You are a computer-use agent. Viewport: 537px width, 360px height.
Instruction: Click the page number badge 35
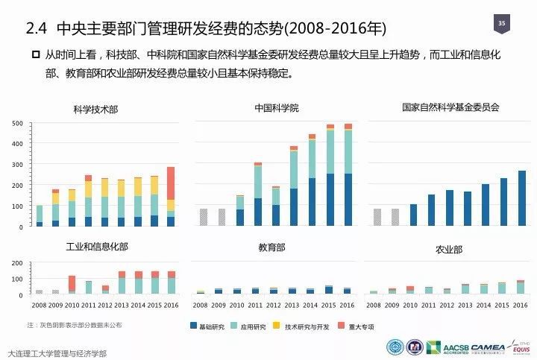(x=501, y=25)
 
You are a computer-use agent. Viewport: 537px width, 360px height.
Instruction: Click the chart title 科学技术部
(x=95, y=110)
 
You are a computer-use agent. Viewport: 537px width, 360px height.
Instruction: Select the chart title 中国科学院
(x=276, y=108)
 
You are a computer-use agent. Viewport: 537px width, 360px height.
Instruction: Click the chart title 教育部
(x=271, y=247)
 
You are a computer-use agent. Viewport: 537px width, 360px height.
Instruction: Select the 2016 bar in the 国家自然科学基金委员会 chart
(x=522, y=198)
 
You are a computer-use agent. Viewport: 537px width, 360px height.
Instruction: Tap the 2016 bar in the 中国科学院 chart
(x=348, y=175)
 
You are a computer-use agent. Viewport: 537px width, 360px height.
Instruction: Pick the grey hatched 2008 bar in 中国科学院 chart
(x=204, y=217)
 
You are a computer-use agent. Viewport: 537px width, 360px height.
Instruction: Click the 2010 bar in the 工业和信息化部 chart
(x=72, y=284)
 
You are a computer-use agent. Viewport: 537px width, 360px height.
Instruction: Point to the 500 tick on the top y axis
(x=18, y=123)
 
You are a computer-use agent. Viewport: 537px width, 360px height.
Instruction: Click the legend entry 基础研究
(x=208, y=326)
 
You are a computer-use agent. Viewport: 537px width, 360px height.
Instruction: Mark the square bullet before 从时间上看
(x=34, y=54)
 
